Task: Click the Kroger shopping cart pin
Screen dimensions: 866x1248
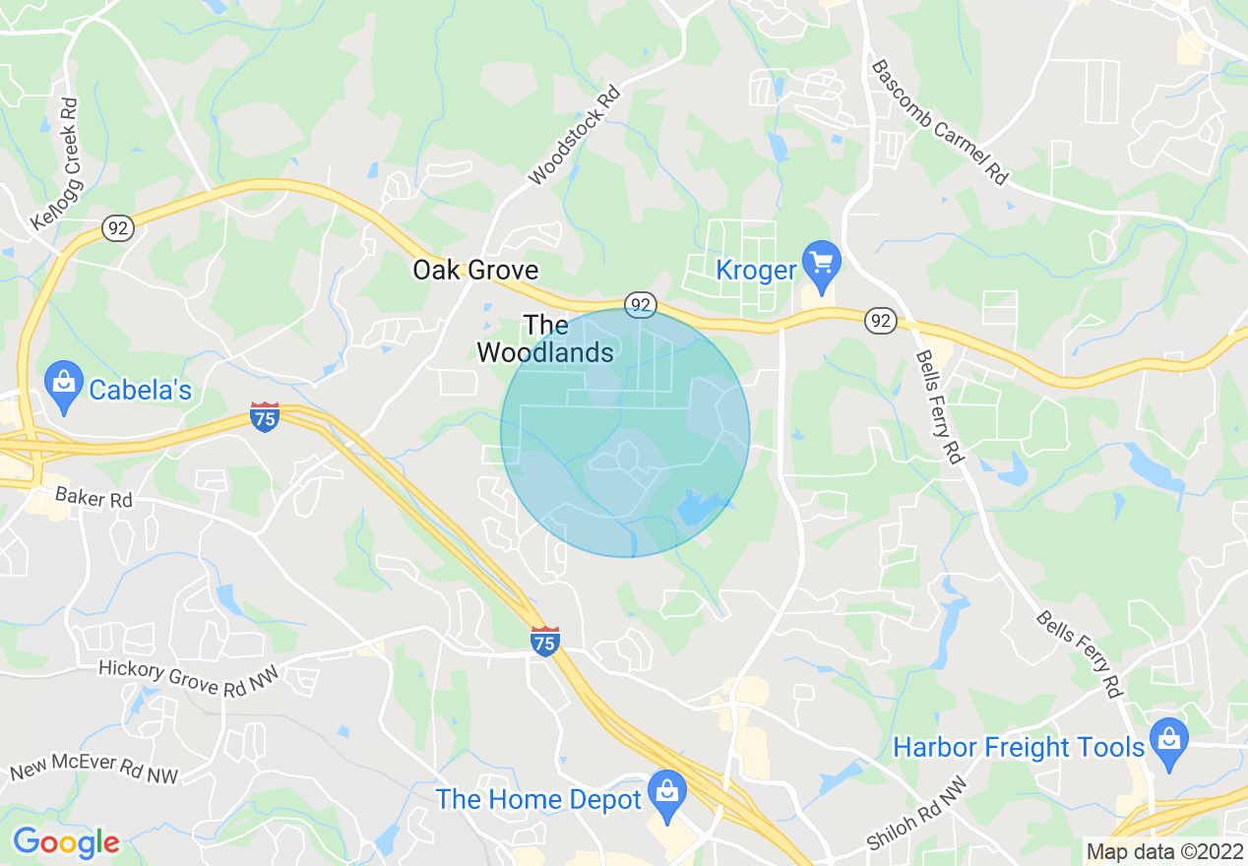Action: click(x=822, y=264)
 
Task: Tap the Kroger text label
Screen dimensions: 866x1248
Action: click(x=756, y=270)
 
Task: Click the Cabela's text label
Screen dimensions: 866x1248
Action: click(x=140, y=391)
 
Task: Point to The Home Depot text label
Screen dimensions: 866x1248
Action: click(x=539, y=800)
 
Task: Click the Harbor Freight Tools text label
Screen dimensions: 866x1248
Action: click(x=1019, y=748)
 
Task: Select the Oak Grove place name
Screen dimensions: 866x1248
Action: click(x=475, y=270)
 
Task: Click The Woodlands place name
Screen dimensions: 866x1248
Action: click(x=545, y=339)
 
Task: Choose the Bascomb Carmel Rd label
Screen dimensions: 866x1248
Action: click(x=940, y=122)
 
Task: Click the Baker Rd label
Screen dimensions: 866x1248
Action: click(x=94, y=499)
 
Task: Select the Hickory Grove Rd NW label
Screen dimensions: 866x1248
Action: click(x=189, y=678)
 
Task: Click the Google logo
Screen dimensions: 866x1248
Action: click(x=66, y=842)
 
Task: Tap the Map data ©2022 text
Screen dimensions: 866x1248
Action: click(x=1164, y=851)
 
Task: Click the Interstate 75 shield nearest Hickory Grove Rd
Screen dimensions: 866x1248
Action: click(x=545, y=642)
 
